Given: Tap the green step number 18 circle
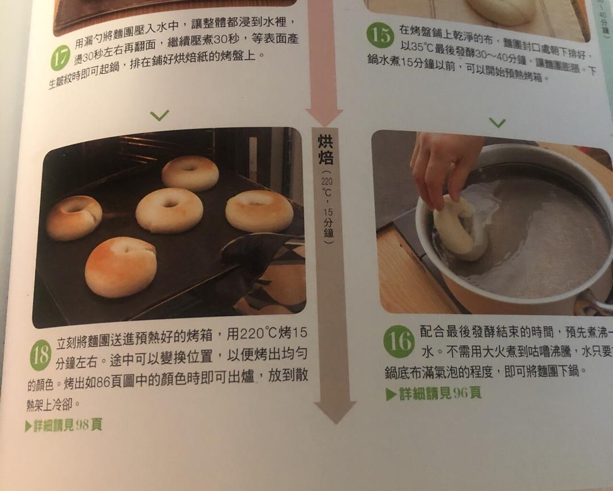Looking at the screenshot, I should (x=40, y=357).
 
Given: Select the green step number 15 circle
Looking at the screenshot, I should (x=380, y=35).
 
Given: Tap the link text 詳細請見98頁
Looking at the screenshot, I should (x=64, y=425).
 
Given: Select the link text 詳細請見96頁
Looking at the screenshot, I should (x=434, y=393).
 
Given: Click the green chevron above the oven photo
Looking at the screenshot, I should (x=159, y=115).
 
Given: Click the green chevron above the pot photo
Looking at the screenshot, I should (x=497, y=123).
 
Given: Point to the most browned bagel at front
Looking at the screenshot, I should (x=120, y=267).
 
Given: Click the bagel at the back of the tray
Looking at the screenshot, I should (x=190, y=173).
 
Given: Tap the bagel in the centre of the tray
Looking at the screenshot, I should (x=169, y=210).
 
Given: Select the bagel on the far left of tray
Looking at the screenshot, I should (x=74, y=217).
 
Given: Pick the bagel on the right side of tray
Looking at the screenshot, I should (x=259, y=211).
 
